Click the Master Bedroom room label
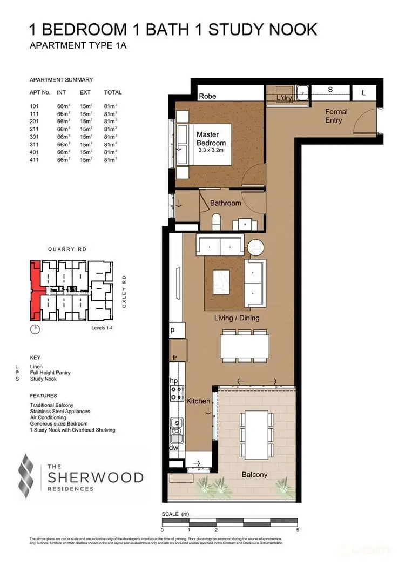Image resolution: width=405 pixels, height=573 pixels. point(211,138)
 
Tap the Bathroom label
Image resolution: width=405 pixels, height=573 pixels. point(225,203)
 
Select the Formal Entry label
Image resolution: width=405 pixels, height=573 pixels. point(336,116)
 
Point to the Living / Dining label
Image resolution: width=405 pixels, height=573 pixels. point(237,318)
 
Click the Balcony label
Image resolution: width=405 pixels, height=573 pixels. point(254,475)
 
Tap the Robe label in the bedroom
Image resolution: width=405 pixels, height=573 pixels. point(208,97)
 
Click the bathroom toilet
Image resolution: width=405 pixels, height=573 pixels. point(216,222)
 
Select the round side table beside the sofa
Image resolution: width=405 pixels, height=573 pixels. point(255,248)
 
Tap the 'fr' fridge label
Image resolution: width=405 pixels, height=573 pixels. point(174,358)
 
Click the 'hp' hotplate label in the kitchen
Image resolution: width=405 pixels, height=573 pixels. point(174,381)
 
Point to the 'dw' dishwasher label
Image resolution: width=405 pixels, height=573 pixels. point(174,448)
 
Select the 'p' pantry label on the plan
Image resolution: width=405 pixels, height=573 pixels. point(173,329)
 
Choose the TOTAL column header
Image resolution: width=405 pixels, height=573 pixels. point(113,92)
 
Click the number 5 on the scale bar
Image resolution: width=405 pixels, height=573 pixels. point(298,530)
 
